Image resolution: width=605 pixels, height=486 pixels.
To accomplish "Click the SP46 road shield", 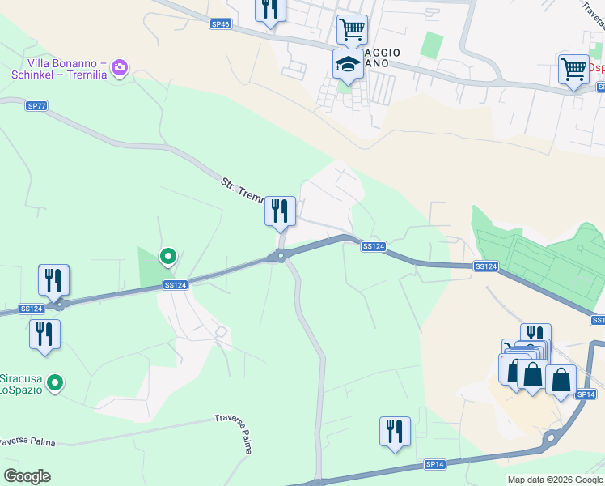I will point(221,24).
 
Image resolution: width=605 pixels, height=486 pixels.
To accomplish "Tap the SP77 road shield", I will point(36,106).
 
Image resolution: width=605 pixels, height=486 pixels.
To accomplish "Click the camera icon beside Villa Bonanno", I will point(120,68).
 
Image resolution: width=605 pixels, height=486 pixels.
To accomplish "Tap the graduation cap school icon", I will point(348,64).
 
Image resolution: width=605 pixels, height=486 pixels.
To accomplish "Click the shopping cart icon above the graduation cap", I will point(352,29).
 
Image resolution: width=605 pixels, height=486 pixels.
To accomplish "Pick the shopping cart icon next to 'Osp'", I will point(573,69).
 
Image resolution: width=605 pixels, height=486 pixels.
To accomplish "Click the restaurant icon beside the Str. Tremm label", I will point(280,211).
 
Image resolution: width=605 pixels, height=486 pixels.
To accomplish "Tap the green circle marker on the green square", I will point(168,257).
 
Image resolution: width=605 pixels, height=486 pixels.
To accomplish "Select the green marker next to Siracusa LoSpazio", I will point(55,382).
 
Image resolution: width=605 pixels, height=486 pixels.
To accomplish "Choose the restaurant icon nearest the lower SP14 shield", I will point(395,431).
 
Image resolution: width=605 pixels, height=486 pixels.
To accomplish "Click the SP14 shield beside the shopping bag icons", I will point(586,394).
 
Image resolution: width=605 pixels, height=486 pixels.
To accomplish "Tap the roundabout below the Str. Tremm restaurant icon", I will point(281,258).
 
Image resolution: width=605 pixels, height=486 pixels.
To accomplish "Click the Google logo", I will point(26,476).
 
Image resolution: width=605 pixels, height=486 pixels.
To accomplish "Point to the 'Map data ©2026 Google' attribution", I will point(555,480).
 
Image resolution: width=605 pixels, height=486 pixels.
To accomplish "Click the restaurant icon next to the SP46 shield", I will point(270,10).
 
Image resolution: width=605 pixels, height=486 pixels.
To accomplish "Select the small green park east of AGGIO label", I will point(433,45).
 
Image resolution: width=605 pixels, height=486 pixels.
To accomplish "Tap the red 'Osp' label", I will point(596,68).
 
